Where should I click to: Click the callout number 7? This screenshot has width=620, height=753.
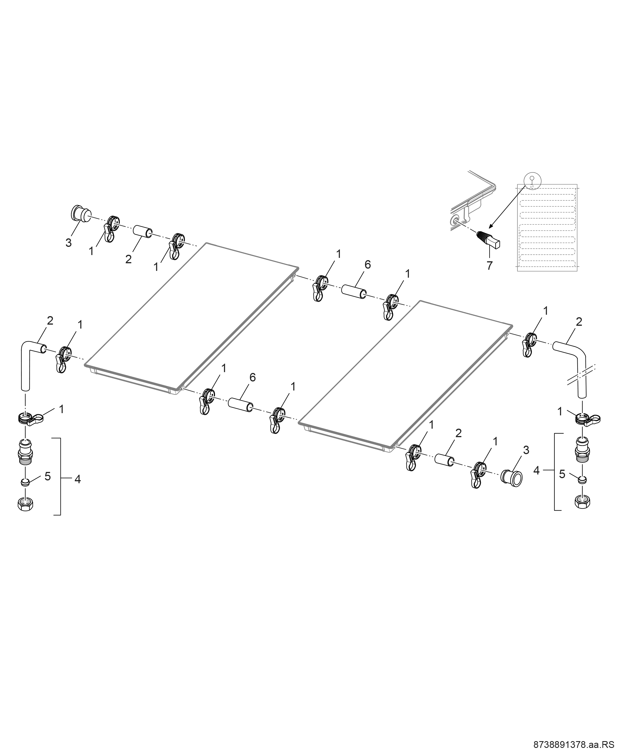click(x=489, y=265)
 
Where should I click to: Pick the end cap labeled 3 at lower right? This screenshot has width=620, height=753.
click(x=511, y=476)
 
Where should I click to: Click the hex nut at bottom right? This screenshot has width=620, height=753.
click(x=582, y=502)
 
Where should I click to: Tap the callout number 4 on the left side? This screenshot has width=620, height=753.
click(x=77, y=480)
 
